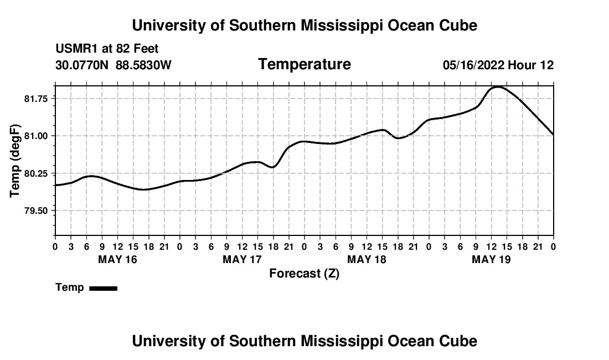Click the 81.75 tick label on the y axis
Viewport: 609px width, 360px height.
(x=36, y=99)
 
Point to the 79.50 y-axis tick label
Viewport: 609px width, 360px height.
(x=36, y=211)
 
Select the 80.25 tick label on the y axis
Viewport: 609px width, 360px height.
(x=36, y=173)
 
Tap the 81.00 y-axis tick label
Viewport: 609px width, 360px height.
(x=36, y=136)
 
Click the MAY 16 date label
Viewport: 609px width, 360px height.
(x=118, y=259)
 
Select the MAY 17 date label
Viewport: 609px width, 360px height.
(x=242, y=259)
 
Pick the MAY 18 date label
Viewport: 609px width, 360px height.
(x=367, y=259)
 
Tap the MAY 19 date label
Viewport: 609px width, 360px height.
(x=491, y=259)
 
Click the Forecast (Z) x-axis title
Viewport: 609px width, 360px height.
(x=304, y=274)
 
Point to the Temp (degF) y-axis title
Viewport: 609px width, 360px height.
(x=15, y=161)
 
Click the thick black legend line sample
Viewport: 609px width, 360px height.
(x=104, y=289)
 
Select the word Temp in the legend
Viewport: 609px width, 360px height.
(x=70, y=287)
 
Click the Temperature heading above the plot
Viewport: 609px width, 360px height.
(x=304, y=64)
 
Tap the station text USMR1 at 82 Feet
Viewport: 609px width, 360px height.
(x=107, y=49)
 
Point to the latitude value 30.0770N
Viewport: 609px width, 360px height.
(x=82, y=65)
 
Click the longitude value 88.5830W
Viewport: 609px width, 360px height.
(x=144, y=65)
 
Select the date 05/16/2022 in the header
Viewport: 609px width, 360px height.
(x=474, y=65)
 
